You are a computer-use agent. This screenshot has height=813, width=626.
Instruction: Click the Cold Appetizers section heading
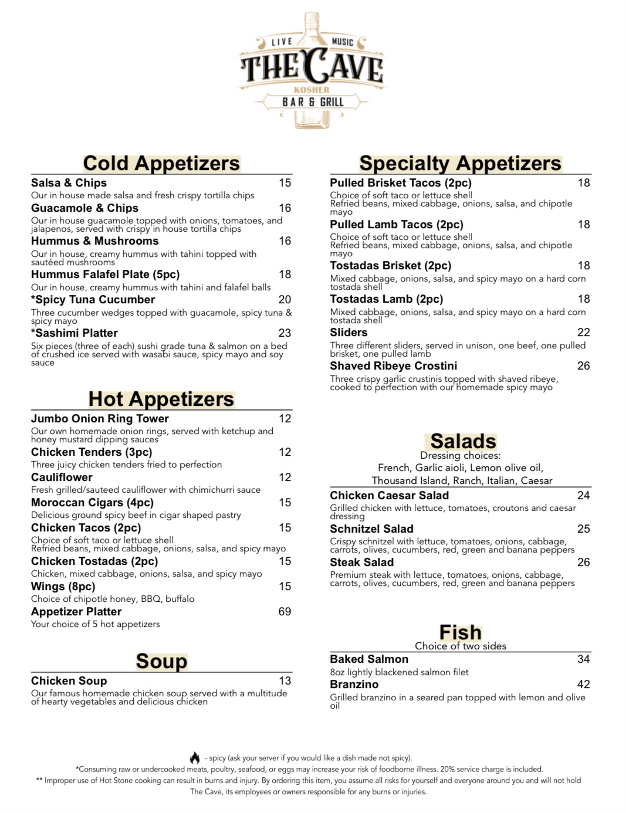click(x=161, y=163)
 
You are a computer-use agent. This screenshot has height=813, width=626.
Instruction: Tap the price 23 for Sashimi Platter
click(x=285, y=333)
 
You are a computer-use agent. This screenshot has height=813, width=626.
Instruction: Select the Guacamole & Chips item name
click(x=84, y=208)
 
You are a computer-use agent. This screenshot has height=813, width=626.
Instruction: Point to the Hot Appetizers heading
click(x=161, y=399)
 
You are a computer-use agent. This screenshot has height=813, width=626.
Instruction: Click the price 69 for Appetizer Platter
click(x=285, y=611)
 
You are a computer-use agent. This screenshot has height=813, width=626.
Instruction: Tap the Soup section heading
click(x=161, y=661)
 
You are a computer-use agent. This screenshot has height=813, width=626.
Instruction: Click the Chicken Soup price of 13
click(x=285, y=680)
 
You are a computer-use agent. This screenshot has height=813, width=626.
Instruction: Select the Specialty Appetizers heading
click(x=460, y=163)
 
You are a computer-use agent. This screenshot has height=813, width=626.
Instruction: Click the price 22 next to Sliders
click(x=583, y=332)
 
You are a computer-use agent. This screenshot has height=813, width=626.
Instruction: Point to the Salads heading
click(x=463, y=441)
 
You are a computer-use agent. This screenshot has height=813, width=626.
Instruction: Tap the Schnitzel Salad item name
click(x=371, y=529)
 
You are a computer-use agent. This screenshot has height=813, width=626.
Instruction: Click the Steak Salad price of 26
click(x=583, y=562)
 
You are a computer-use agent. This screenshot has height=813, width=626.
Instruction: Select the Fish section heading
click(x=460, y=632)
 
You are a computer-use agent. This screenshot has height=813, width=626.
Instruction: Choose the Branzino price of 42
click(x=583, y=684)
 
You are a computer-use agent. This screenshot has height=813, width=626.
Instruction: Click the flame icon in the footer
click(x=195, y=758)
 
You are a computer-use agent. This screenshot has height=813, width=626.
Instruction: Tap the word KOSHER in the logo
click(x=312, y=90)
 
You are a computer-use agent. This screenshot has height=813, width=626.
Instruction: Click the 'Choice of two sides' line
click(x=460, y=646)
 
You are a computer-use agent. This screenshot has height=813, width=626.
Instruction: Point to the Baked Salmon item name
click(x=368, y=659)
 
